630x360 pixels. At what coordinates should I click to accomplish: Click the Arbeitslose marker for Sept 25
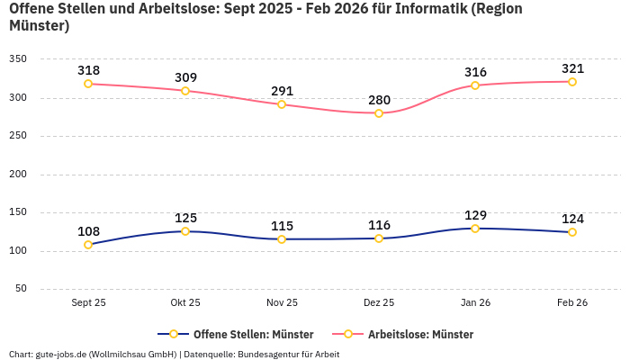point(88,84)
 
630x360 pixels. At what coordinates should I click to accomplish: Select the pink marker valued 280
point(379,113)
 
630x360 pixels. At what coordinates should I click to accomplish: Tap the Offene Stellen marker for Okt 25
point(185,231)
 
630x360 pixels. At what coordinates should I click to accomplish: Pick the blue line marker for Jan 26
point(475,229)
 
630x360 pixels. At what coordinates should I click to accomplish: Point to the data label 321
point(572,68)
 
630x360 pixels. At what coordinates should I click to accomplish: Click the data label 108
point(88,231)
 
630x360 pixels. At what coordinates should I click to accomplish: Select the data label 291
point(282,91)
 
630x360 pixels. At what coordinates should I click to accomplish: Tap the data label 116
point(379,225)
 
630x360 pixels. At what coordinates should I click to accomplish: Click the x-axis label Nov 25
point(282,302)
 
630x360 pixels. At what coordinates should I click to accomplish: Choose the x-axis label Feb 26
point(572,302)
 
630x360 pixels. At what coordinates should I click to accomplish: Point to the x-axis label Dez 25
point(379,302)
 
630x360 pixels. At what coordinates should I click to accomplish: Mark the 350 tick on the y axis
point(18,58)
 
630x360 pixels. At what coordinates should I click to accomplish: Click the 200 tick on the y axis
point(18,174)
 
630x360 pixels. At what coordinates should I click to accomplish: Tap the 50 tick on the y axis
point(21,289)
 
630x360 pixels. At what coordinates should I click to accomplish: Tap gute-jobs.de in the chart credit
point(61,354)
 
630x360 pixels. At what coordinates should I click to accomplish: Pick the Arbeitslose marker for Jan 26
point(475,85)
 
